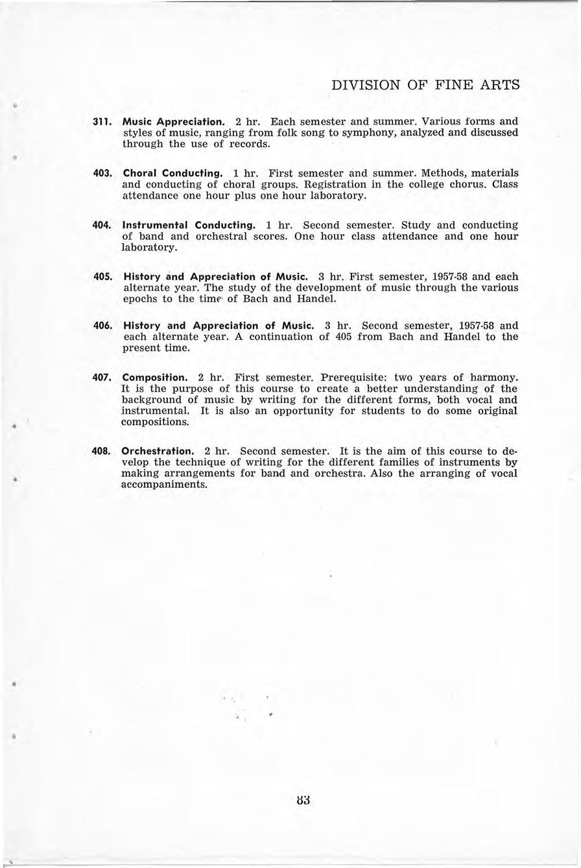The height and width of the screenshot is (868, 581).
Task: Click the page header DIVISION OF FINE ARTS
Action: click(425, 85)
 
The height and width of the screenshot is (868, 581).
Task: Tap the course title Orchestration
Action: click(158, 451)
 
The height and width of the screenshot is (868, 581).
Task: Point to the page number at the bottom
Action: click(302, 800)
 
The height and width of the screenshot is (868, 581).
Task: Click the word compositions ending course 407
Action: click(155, 422)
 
